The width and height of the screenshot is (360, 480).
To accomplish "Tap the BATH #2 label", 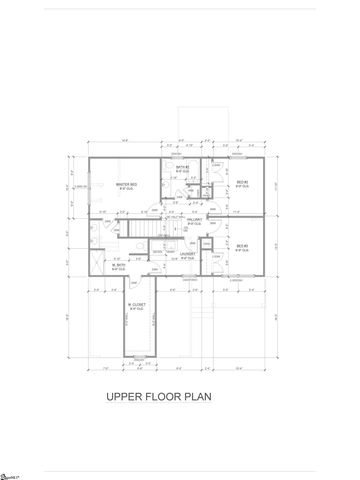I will [183, 169].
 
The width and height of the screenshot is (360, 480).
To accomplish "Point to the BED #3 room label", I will [242, 246].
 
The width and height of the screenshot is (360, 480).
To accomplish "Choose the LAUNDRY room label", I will [186, 254].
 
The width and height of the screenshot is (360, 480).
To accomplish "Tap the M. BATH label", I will [118, 267].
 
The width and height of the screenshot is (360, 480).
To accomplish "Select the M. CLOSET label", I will [138, 308].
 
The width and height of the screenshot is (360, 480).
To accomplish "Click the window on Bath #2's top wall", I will [183, 156].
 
